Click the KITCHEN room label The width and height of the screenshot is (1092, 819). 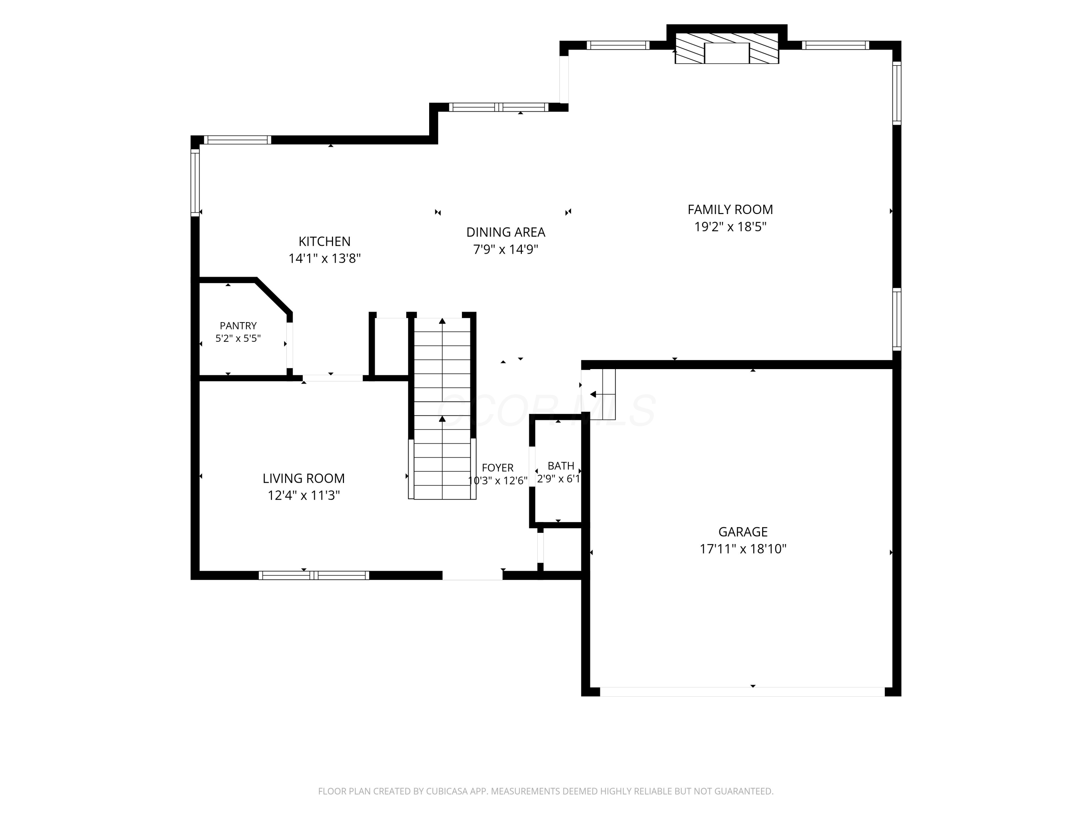324,241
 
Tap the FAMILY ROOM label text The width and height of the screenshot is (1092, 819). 730,209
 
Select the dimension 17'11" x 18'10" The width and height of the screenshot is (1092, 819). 743,549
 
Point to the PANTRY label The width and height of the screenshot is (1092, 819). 238,326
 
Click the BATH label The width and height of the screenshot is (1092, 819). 561,466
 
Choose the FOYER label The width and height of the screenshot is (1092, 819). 498,467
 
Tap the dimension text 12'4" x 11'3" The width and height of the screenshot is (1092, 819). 304,495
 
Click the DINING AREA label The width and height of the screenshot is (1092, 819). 506,232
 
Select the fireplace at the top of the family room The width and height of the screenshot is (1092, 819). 727,48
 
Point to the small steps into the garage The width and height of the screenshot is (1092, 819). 603,394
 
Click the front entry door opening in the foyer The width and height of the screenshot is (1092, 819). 472,575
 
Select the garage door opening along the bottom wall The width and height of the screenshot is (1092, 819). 742,692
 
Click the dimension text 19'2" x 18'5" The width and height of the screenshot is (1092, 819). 730,227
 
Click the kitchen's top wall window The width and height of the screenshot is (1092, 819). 237,140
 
